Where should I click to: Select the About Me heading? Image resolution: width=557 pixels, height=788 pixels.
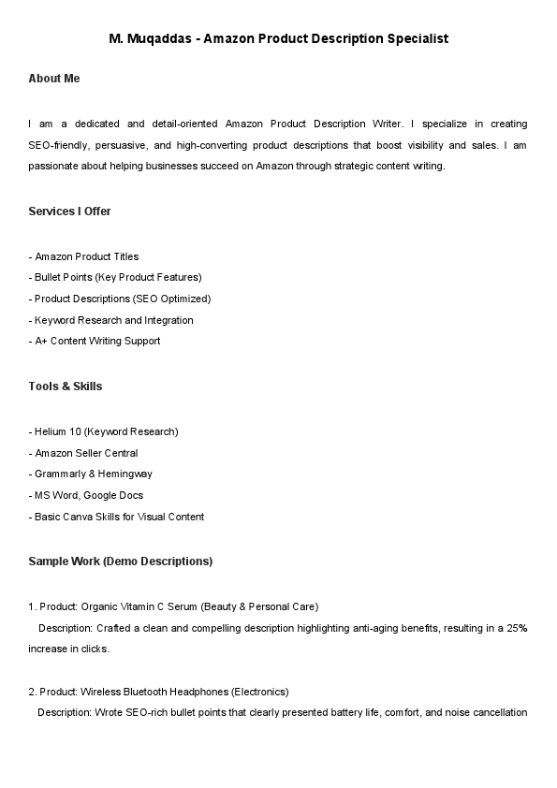[x=54, y=79]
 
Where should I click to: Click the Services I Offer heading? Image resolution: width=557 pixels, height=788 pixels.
[x=70, y=212]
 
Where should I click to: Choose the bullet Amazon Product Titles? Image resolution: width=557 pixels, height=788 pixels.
[x=86, y=256]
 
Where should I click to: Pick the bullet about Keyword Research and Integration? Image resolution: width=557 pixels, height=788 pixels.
[x=113, y=320]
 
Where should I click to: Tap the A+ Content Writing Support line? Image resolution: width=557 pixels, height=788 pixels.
[x=97, y=341]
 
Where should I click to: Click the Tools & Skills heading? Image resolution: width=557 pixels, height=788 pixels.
[x=66, y=387]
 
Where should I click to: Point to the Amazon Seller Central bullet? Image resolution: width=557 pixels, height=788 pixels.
[x=86, y=453]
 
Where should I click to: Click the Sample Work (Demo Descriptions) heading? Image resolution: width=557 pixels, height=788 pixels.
[x=121, y=562]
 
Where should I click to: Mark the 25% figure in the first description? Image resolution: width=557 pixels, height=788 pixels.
[x=517, y=627]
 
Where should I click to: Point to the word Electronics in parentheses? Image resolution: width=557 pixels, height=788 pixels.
[x=259, y=692]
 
